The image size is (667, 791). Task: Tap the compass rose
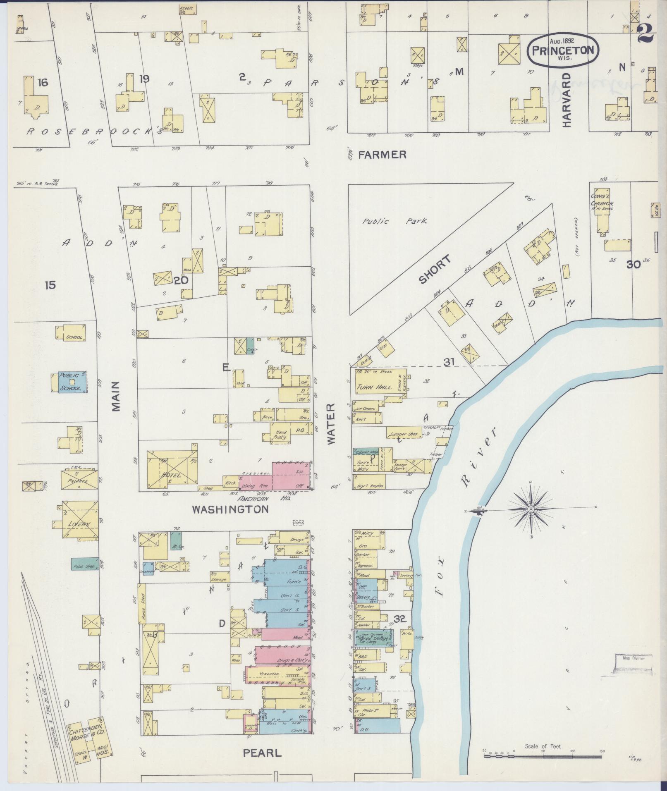[531, 509]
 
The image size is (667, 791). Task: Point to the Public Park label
[394, 221]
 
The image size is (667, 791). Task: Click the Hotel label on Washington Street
[171, 475]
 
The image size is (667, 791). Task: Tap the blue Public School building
[72, 382]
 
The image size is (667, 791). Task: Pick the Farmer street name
[382, 155]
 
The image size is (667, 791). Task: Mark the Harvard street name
[566, 100]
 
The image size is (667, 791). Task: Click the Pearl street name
[262, 753]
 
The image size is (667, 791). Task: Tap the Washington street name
[230, 509]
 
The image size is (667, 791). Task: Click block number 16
[43, 83]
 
